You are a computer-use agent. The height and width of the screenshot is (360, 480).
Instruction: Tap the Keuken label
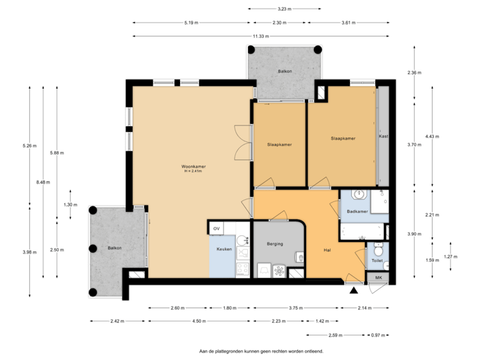[224, 249]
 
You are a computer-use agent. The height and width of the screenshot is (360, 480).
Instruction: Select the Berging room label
[275, 244]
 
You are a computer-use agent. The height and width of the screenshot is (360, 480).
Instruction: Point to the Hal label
[327, 251]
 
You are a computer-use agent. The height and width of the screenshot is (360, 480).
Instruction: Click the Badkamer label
[357, 211]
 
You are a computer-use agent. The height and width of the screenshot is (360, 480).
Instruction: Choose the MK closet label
[378, 277]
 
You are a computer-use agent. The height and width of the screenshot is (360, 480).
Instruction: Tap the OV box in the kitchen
[216, 229]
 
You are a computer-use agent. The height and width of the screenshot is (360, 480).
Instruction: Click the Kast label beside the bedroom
[383, 136]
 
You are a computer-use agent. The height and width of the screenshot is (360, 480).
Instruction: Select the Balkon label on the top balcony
[285, 71]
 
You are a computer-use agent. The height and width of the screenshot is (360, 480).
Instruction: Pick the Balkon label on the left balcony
[114, 248]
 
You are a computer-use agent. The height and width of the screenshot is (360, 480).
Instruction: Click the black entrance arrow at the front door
[353, 290]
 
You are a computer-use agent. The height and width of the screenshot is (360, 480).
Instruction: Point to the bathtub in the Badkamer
[363, 231]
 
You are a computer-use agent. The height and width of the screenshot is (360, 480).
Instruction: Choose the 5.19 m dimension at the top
[189, 22]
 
